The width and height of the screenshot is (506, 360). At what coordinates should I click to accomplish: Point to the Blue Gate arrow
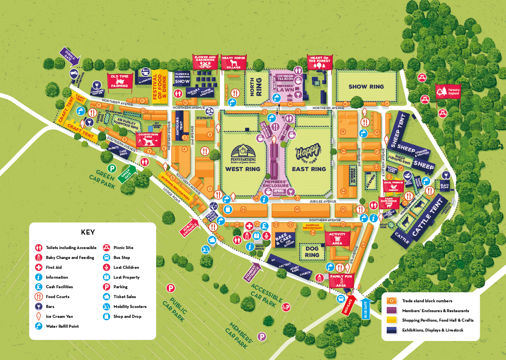366,308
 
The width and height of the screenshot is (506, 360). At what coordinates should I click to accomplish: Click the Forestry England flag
448,92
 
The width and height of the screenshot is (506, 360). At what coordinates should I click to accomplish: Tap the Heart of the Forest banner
319,62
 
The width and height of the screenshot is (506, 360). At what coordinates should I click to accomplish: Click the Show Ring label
366,87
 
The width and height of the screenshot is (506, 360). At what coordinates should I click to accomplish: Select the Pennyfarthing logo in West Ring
243,154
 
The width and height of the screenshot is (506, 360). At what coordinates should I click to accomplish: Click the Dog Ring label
312,252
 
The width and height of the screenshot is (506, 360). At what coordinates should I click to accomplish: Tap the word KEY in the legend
88,232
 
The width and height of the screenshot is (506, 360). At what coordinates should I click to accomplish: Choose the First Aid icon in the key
38,267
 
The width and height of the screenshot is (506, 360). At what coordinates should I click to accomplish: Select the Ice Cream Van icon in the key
38,316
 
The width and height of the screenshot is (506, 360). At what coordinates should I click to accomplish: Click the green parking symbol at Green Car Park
112,168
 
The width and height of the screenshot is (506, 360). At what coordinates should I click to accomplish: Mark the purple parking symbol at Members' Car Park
262,336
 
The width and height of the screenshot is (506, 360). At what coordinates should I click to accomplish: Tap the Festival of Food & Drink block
160,86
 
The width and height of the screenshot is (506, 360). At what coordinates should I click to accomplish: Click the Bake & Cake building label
281,239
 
